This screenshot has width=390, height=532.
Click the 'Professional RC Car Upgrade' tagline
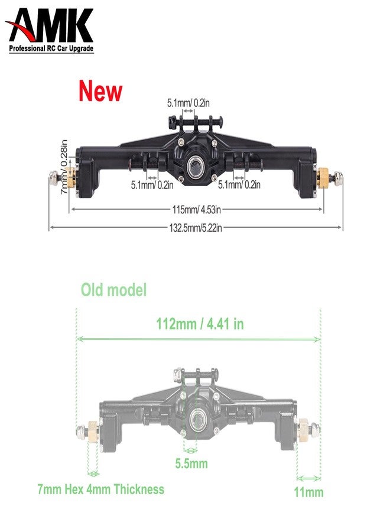[x=51, y=48]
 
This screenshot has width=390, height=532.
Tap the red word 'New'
[x=100, y=92]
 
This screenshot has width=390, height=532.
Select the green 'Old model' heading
[x=113, y=290]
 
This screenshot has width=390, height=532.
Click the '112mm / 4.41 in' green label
[x=200, y=324]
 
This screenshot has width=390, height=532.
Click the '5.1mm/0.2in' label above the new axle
[x=189, y=103]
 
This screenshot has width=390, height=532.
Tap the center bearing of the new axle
[x=196, y=166]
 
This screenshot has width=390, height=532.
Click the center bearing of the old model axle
[x=196, y=421]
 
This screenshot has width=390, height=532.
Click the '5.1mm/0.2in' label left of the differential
[x=152, y=185]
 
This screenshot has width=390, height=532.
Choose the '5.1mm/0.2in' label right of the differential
[x=239, y=185]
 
